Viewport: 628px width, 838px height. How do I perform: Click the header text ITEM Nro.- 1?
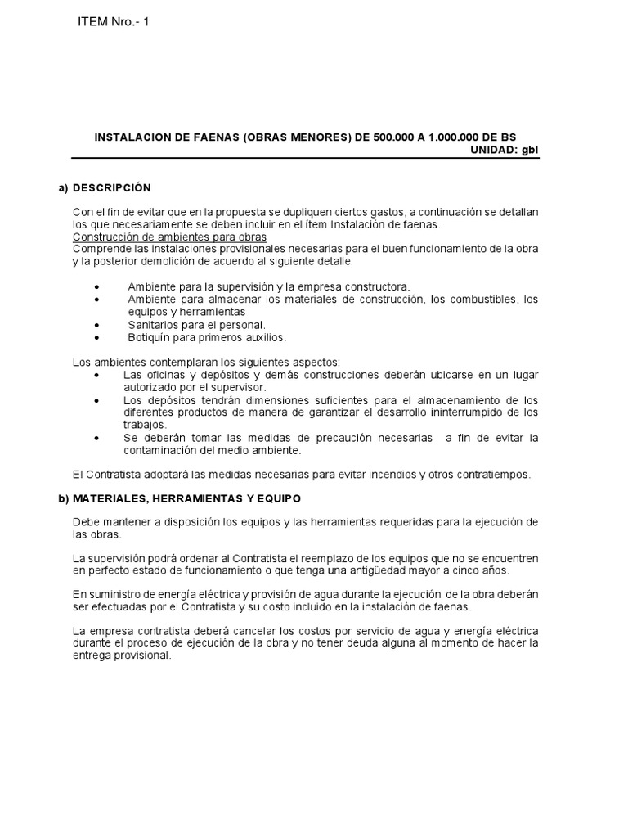[x=113, y=21]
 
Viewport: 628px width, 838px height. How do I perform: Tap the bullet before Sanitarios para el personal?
[x=97, y=325]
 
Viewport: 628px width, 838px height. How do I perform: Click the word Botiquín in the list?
[x=149, y=337]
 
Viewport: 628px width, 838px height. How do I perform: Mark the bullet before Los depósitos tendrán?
[x=97, y=400]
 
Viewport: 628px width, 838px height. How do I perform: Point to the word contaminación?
[x=163, y=450]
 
